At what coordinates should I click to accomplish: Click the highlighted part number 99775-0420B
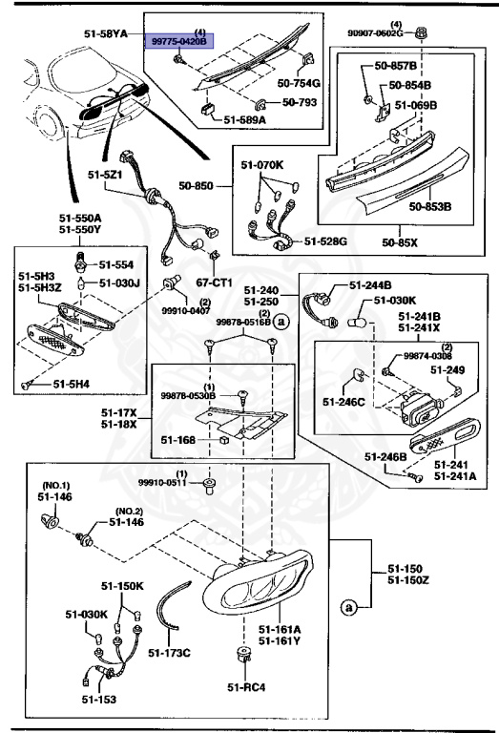pyautogui.click(x=182, y=42)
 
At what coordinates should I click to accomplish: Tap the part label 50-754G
pyautogui.click(x=299, y=84)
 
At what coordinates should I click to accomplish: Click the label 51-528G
pyautogui.click(x=326, y=242)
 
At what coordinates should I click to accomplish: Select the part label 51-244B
pyautogui.click(x=371, y=284)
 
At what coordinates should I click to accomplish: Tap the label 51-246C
pyautogui.click(x=344, y=403)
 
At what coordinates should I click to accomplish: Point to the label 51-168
pyautogui.click(x=178, y=440)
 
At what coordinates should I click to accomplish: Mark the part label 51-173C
pyautogui.click(x=171, y=653)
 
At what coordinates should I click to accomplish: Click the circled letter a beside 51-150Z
pyautogui.click(x=347, y=606)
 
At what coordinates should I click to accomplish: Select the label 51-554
pyautogui.click(x=118, y=263)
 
